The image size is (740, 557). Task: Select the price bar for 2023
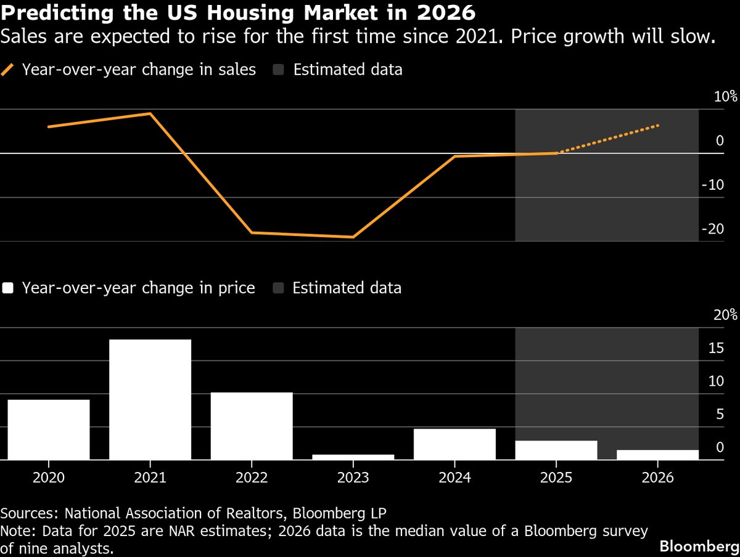coord(353,457)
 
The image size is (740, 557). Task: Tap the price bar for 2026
coord(657,455)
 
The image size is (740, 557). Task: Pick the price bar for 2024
coord(454,444)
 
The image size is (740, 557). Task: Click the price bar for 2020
coord(49,429)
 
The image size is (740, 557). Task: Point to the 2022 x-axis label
coord(251,477)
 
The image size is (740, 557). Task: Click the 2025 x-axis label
coord(556,477)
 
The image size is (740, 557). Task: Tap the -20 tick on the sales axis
coord(715,229)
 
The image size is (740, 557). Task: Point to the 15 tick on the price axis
coord(716,348)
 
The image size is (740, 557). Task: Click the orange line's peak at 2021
coord(150,113)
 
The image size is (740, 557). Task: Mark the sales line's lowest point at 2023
coord(353,237)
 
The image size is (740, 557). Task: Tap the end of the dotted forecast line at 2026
coord(658,125)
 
